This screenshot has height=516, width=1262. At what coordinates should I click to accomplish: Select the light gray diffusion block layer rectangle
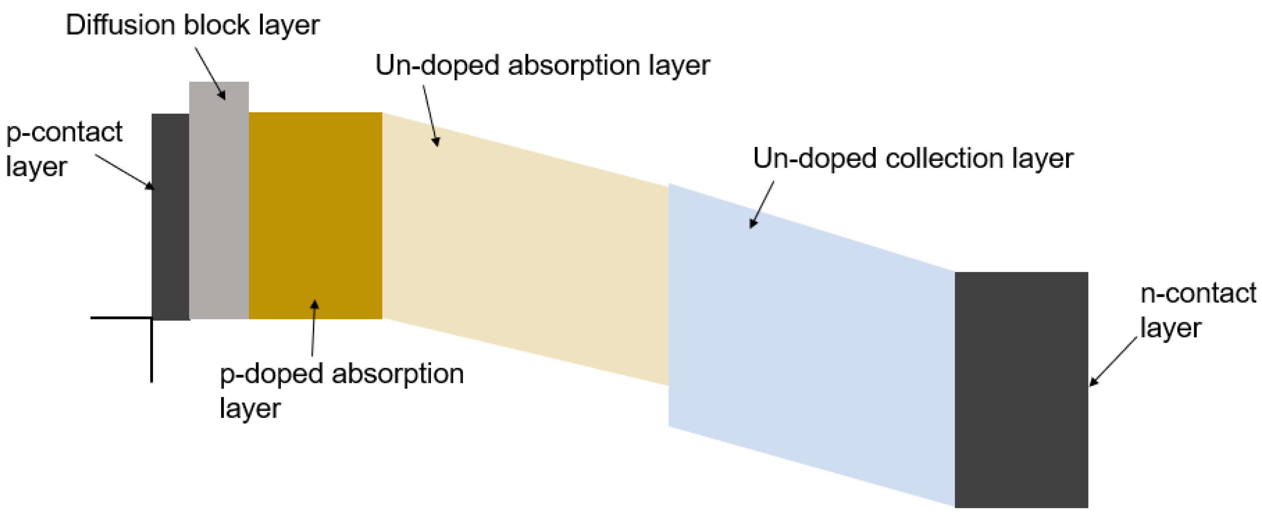pos(218,206)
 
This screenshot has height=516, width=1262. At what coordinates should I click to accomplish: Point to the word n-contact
pos(1198,294)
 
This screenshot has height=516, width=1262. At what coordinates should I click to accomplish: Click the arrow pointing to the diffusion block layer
pos(210,73)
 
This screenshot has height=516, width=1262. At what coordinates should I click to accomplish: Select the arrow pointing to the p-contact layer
pos(125,172)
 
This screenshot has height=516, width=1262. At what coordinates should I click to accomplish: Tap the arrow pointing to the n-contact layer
pos(1113,361)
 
